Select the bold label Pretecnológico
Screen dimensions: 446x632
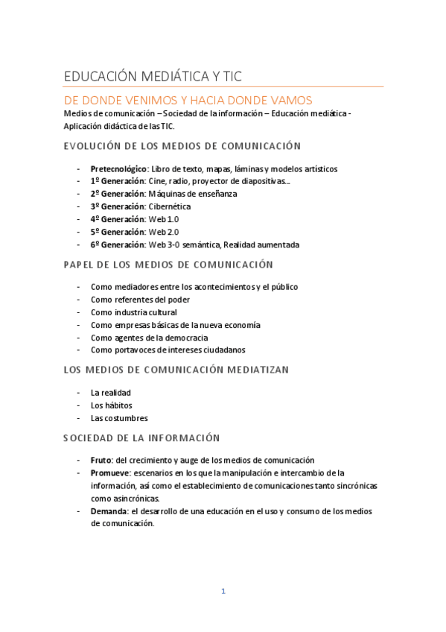pos(118,168)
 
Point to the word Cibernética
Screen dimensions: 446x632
pos(169,206)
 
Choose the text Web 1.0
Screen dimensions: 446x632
pos(164,219)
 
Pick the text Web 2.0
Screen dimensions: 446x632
pos(164,232)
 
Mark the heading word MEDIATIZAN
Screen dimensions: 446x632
pos(252,370)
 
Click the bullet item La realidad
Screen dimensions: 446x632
pos(110,392)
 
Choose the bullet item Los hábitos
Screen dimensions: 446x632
pos(111,405)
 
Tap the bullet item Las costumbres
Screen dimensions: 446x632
pos(119,418)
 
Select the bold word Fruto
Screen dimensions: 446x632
pos(101,461)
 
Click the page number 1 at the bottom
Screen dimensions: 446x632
pos(223,592)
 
